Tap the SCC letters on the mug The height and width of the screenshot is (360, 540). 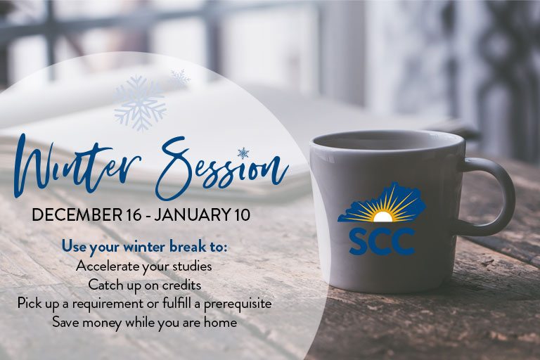(382, 242)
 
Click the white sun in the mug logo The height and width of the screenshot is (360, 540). (382, 217)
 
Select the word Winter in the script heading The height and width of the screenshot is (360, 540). (77, 165)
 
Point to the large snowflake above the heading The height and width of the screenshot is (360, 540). (140, 103)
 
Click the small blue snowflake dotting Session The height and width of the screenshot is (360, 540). (243, 153)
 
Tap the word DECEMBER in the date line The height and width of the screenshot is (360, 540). (77, 214)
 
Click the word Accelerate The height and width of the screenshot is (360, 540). (107, 266)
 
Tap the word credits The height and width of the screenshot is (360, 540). (181, 285)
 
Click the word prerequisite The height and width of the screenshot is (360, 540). (238, 304)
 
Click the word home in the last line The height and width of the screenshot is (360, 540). (220, 322)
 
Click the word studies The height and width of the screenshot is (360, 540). (192, 266)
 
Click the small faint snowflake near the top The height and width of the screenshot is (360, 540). (180, 77)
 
